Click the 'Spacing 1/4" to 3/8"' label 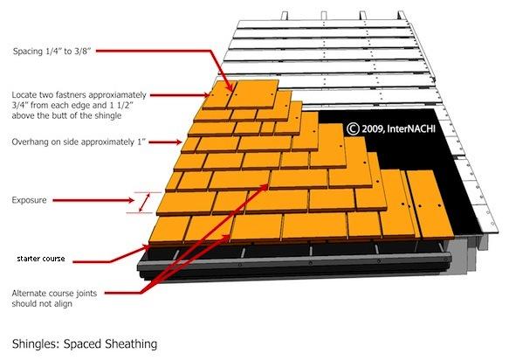pos(52,52)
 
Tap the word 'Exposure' pos(29,200)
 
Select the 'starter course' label pos(41,259)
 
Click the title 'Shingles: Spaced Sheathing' pos(85,343)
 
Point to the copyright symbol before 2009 pos(353,128)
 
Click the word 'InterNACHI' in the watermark pos(411,128)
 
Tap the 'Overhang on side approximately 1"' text pos(79,142)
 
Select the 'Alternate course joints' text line pos(54,294)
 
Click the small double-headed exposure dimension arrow pos(144,203)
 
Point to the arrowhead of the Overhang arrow pos(178,142)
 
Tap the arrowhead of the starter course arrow pos(148,247)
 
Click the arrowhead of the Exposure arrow pos(131,200)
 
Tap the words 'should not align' pos(42,304)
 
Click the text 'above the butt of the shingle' pos(66,115)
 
